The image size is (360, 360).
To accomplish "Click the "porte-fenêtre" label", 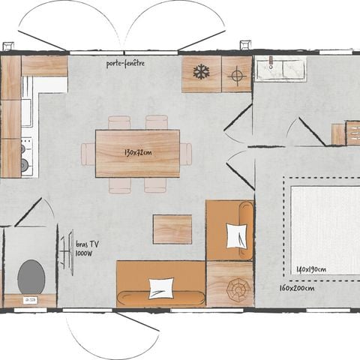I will tap(125, 64).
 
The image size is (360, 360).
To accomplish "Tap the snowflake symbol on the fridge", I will tap(201, 73).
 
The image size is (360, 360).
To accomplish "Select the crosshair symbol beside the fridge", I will tap(237, 74).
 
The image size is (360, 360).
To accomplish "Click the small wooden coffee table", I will tap(172, 229).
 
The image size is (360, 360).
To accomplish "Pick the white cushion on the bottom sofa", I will tap(160, 287).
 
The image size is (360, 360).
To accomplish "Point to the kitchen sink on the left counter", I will tap(26, 112).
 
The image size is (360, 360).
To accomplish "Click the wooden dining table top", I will tap(137, 154).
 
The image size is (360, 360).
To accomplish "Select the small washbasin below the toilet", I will tap(30, 300).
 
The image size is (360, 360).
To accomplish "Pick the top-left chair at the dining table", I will tap(119, 122).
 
